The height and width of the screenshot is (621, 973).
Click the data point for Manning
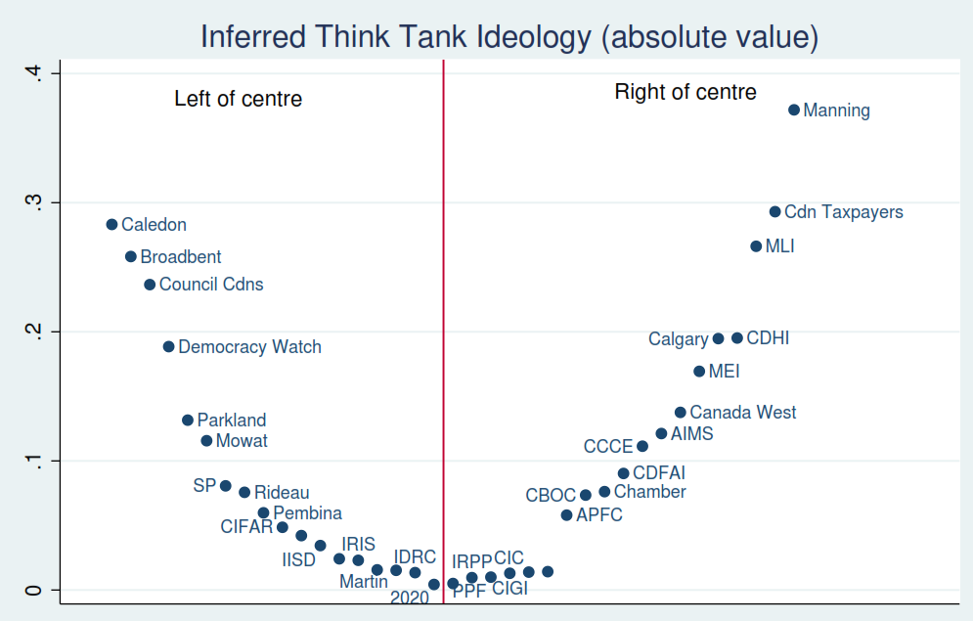point(794,110)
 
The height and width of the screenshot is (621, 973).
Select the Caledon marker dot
point(111,224)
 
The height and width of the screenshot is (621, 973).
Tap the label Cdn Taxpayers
point(844,212)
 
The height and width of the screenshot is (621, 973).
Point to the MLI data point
point(756,246)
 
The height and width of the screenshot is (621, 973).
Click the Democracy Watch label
point(249,347)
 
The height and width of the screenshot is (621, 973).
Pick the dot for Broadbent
point(131,256)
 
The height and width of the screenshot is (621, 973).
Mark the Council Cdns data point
point(150,285)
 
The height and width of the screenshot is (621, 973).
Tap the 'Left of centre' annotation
point(238,99)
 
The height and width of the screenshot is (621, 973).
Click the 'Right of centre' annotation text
point(686,93)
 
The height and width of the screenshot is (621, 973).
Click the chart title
point(509,37)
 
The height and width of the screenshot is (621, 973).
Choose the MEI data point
point(699,372)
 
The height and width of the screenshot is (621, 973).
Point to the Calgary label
point(678,339)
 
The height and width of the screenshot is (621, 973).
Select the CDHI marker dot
point(737,338)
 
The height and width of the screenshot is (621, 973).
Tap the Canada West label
point(743,413)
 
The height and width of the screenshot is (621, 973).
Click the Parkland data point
point(188,420)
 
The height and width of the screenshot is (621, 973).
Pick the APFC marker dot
point(566,514)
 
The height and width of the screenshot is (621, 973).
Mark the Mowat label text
point(242,441)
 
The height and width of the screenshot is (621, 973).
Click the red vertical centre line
point(444,323)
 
